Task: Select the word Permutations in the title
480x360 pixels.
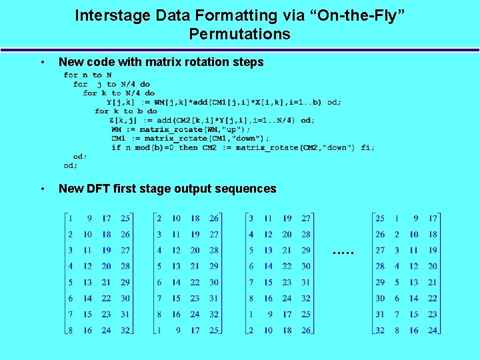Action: pos(239,34)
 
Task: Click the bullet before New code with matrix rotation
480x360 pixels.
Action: pos(43,63)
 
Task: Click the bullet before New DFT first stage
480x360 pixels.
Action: pos(43,189)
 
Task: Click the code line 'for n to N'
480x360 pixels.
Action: pos(87,75)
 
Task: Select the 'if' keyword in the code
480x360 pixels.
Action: pos(116,147)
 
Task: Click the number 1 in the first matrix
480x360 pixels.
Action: pos(71,218)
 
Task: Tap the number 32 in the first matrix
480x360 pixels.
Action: pos(125,329)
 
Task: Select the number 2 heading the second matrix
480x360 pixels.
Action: pos(158,218)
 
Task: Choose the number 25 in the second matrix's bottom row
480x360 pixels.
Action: pos(213,329)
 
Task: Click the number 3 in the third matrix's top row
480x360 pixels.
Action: pos(251,218)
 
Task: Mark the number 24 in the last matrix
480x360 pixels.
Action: pos(433,329)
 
